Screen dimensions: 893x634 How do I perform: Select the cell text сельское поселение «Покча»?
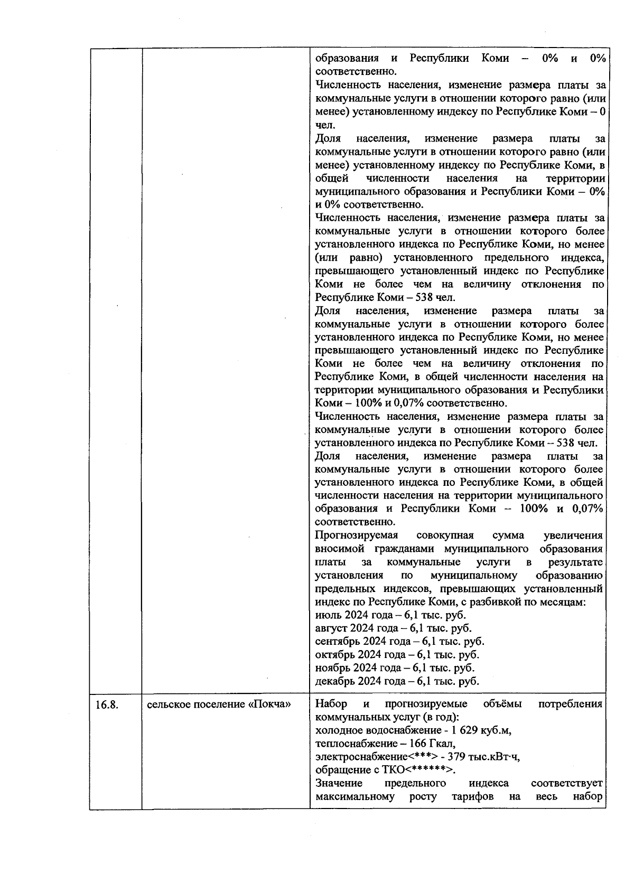pos(219,704)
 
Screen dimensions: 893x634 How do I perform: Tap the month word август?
pos(331,628)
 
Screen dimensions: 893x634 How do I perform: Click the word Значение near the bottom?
pos(339,783)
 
